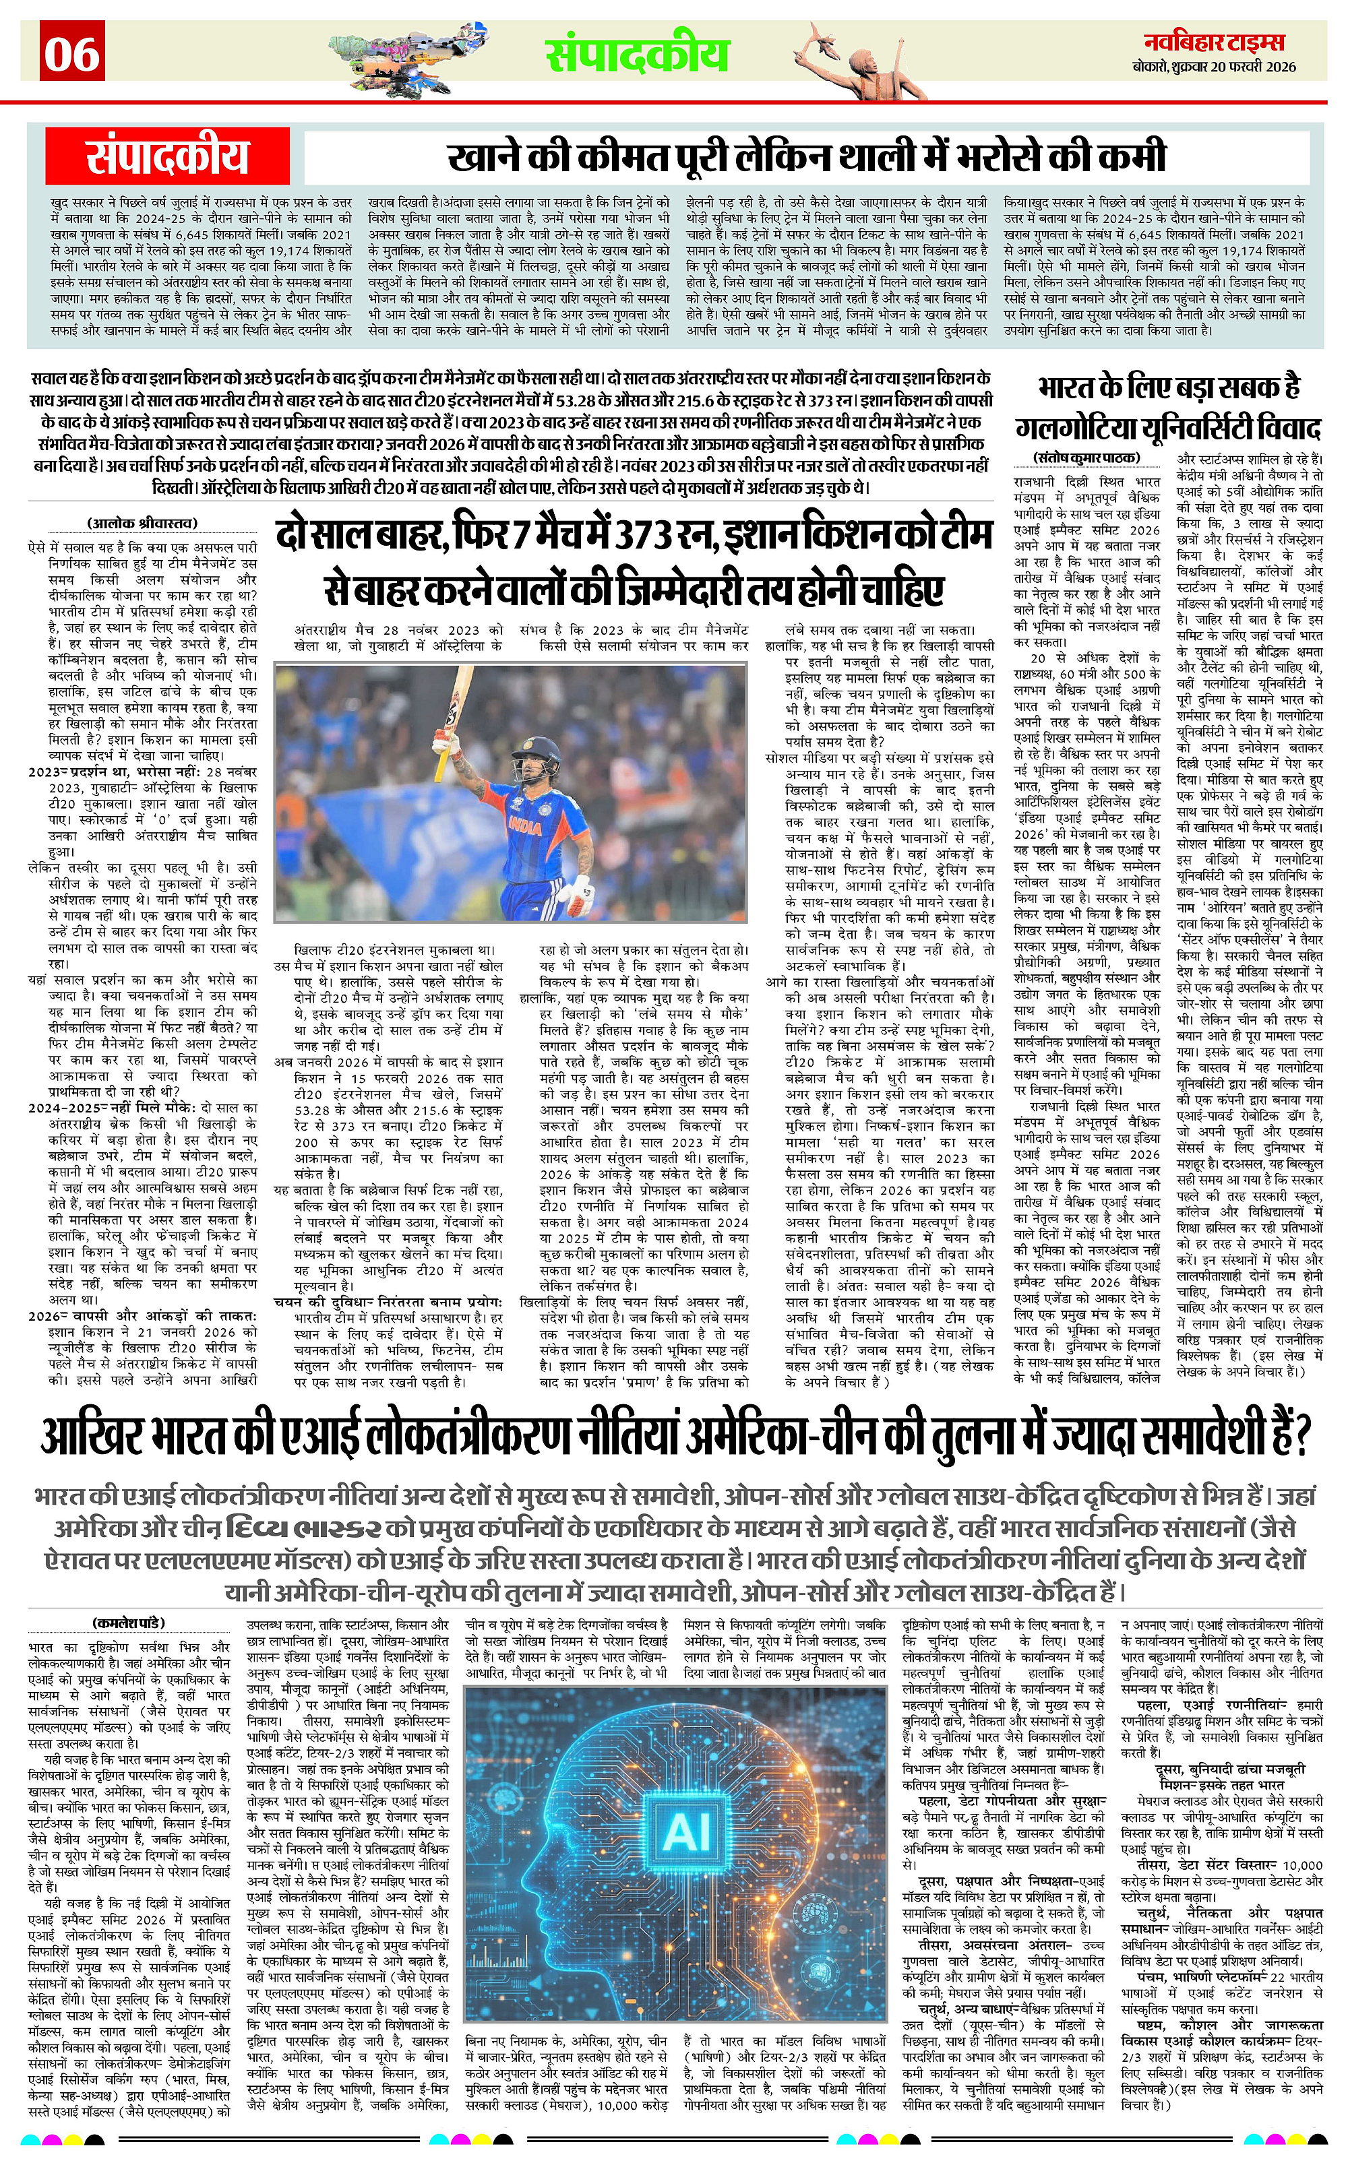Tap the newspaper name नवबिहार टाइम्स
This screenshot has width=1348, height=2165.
click(1220, 42)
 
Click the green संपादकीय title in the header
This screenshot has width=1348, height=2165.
click(638, 53)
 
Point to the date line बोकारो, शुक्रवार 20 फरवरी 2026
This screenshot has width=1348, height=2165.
click(1220, 67)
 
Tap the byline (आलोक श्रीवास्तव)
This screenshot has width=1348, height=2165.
click(143, 523)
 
